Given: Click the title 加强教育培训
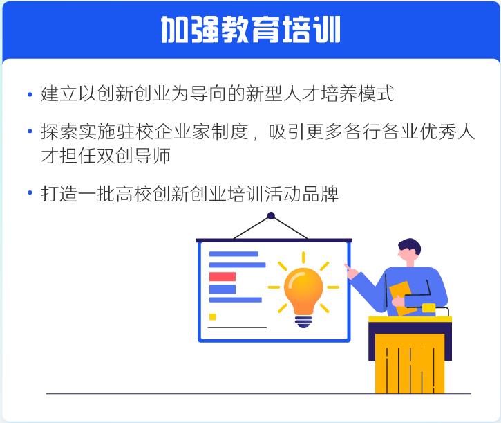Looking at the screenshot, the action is point(250,30).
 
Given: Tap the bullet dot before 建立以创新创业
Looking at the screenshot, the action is point(30,94).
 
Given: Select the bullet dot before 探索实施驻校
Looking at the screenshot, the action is point(30,131).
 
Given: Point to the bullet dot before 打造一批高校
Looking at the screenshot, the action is point(30,192).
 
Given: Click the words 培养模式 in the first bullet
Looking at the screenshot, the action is point(357,93).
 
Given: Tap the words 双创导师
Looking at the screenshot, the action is point(133,155).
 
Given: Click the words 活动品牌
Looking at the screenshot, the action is point(301,194).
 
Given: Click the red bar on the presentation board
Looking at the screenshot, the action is point(223,277).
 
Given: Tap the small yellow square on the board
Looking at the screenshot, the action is point(212,316).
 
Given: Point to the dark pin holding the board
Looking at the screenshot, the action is point(271,215).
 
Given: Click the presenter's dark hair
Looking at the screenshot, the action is point(410,246).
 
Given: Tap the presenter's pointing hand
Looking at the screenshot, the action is point(352,271).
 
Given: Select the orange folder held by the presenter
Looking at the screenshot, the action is point(401,298).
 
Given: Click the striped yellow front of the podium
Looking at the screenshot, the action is point(410,363).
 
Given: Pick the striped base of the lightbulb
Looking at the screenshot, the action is point(303,321).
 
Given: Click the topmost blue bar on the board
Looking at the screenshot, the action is point(234,254).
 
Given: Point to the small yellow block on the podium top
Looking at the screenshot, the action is point(428,307).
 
